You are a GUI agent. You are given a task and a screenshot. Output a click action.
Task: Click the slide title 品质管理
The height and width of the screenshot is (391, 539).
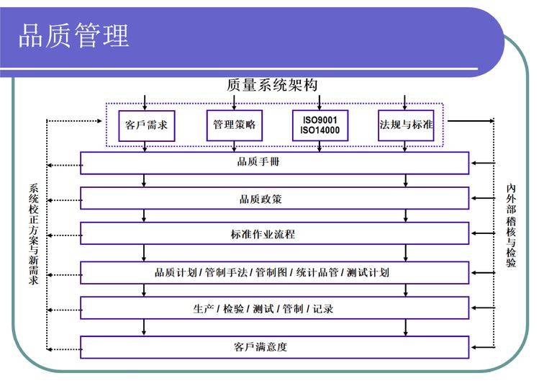[73, 35]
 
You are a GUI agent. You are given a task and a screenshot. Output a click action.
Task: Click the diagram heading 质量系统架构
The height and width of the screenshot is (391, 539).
[272, 84]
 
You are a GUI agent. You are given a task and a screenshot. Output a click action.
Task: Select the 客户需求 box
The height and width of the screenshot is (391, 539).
[146, 125]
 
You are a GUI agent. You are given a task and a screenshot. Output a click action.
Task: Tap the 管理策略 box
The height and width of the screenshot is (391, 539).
[234, 125]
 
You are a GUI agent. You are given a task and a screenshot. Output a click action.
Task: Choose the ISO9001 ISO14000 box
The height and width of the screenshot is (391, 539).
[320, 125]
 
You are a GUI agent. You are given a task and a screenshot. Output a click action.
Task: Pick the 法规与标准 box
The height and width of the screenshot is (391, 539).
[407, 125]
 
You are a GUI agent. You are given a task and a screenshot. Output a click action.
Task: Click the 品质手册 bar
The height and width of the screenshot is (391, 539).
[274, 162]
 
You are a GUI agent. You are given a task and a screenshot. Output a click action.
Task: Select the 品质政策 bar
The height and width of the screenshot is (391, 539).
[274, 199]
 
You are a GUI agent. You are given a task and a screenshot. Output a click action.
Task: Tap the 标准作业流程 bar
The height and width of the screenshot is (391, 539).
[274, 234]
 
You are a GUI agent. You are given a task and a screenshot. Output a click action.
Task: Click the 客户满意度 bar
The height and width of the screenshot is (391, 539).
[274, 347]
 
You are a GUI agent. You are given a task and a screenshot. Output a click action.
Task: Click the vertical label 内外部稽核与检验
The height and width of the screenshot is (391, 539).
[511, 225]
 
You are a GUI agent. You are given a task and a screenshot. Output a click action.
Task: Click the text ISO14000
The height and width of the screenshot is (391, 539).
[321, 130]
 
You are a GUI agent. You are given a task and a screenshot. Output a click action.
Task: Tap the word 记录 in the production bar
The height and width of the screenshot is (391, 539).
[322, 309]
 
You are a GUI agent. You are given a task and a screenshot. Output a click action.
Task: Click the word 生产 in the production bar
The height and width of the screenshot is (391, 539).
[204, 309]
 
